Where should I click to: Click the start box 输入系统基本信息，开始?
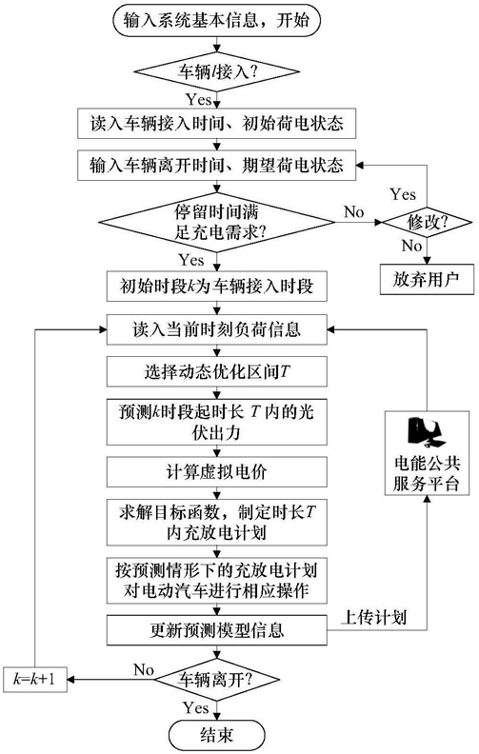(x=216, y=21)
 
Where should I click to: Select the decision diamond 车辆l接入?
(x=216, y=72)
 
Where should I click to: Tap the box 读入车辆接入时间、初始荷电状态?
(x=217, y=123)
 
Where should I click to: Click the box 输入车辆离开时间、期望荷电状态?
(x=217, y=165)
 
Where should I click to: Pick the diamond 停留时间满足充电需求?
(x=216, y=222)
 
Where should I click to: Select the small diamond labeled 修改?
(x=427, y=223)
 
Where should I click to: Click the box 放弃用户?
(x=427, y=279)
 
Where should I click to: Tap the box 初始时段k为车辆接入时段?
(x=217, y=287)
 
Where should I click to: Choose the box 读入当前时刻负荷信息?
(x=217, y=329)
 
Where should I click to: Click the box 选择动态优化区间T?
(x=217, y=371)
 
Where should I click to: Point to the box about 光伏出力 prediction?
(x=217, y=422)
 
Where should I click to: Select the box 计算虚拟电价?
(x=217, y=472)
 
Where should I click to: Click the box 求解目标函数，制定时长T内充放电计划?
(x=217, y=523)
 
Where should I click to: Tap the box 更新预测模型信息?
(x=217, y=630)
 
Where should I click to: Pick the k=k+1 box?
(x=34, y=680)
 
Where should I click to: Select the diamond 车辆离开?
(x=216, y=680)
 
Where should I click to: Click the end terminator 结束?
(x=217, y=734)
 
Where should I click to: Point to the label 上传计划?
(x=373, y=617)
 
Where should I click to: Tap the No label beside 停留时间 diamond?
(x=354, y=211)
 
